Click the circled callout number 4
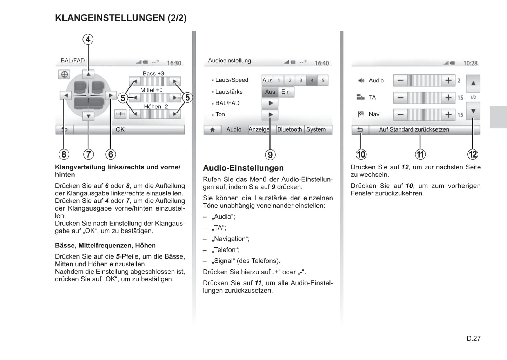(x=88, y=39)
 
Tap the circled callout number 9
(x=270, y=155)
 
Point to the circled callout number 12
(x=473, y=154)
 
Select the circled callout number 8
(x=64, y=154)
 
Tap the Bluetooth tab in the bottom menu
(x=289, y=129)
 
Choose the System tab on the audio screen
(x=316, y=129)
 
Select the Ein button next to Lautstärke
(x=286, y=92)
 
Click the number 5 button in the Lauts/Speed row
(x=323, y=80)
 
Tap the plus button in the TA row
(x=448, y=97)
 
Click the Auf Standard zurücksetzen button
(x=414, y=129)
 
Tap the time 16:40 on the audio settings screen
(x=322, y=63)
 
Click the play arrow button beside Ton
(x=270, y=114)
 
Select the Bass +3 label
(x=153, y=73)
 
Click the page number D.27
(x=473, y=338)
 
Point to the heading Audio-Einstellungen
(x=243, y=168)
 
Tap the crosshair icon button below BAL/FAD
(x=64, y=74)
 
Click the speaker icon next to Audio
(x=361, y=81)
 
